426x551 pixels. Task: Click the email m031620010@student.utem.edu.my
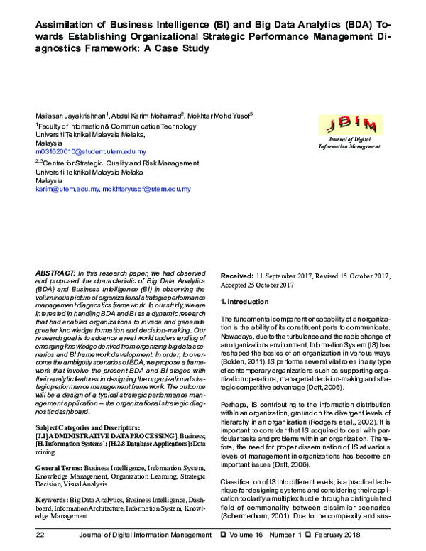(x=91, y=152)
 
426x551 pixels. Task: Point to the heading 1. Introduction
(x=246, y=302)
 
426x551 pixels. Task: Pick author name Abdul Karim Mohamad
(x=142, y=116)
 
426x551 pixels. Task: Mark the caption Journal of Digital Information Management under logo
(x=349, y=143)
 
